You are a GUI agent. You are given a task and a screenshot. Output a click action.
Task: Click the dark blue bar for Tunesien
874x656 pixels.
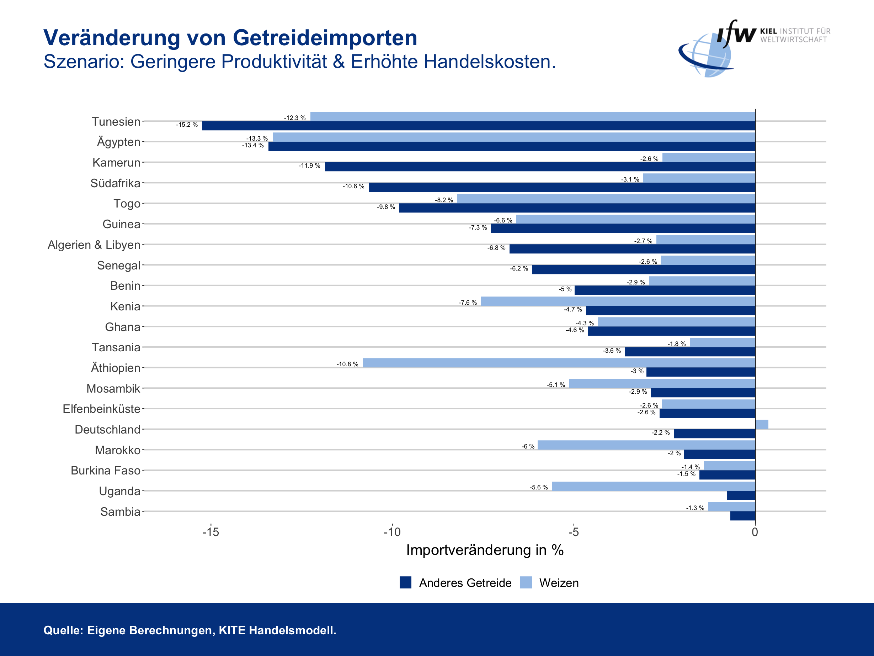pyautogui.click(x=478, y=126)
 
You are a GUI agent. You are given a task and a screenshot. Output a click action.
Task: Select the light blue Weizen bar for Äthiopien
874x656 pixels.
pyautogui.click(x=559, y=363)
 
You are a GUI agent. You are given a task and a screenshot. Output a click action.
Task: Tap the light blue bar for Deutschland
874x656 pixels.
pyautogui.click(x=761, y=424)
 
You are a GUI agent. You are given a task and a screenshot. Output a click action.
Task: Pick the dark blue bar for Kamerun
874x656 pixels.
pyautogui.click(x=540, y=167)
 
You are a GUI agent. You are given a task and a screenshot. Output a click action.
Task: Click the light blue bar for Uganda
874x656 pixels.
pyautogui.click(x=653, y=486)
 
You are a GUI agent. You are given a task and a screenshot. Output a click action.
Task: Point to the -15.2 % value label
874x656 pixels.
pyautogui.click(x=187, y=125)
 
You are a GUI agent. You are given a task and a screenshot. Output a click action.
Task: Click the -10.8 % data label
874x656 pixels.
pyautogui.click(x=347, y=364)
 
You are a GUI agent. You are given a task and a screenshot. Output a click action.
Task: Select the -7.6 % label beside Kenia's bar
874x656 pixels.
pyautogui.click(x=468, y=303)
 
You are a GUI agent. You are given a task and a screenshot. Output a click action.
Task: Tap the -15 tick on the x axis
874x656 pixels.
pyautogui.click(x=210, y=532)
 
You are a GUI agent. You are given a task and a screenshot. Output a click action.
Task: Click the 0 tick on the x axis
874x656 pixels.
pyautogui.click(x=755, y=532)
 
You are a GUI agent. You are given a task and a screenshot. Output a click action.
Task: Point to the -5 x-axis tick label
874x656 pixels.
pyautogui.click(x=573, y=532)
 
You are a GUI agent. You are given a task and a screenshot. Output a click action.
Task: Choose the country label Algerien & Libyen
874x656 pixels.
pyautogui.click(x=94, y=245)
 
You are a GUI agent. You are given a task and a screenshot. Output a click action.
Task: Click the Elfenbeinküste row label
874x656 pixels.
pyautogui.click(x=102, y=409)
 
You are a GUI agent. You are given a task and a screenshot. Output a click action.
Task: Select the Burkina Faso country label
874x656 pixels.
pyautogui.click(x=106, y=471)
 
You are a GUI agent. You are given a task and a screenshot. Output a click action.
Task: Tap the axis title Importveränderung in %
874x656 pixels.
pyautogui.click(x=485, y=550)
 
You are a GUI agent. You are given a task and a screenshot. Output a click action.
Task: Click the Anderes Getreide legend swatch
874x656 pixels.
pyautogui.click(x=405, y=582)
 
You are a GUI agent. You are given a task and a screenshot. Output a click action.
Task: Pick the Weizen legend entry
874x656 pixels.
pyautogui.click(x=558, y=583)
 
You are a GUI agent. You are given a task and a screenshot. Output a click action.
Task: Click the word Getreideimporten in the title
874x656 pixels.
pyautogui.click(x=325, y=38)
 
